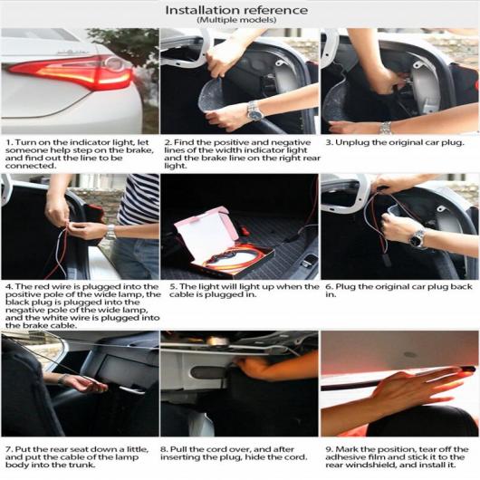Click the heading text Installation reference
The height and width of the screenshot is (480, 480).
coord(236,10)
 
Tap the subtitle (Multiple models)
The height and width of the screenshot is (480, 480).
coord(236,20)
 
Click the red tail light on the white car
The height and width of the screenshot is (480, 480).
coord(72,72)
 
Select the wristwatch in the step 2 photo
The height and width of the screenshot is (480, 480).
coord(254,111)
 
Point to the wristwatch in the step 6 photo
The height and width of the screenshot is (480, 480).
coord(418,237)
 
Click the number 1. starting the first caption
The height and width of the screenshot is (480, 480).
coord(10,143)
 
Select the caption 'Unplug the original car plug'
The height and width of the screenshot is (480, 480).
coord(399,143)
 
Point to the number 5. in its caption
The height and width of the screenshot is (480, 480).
coord(174,287)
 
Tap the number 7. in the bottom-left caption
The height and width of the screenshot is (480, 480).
coord(9,449)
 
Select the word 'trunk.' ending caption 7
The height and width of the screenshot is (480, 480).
coord(83,465)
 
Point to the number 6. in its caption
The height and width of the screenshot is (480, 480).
coord(330,287)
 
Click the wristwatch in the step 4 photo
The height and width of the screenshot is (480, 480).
coord(110,232)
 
